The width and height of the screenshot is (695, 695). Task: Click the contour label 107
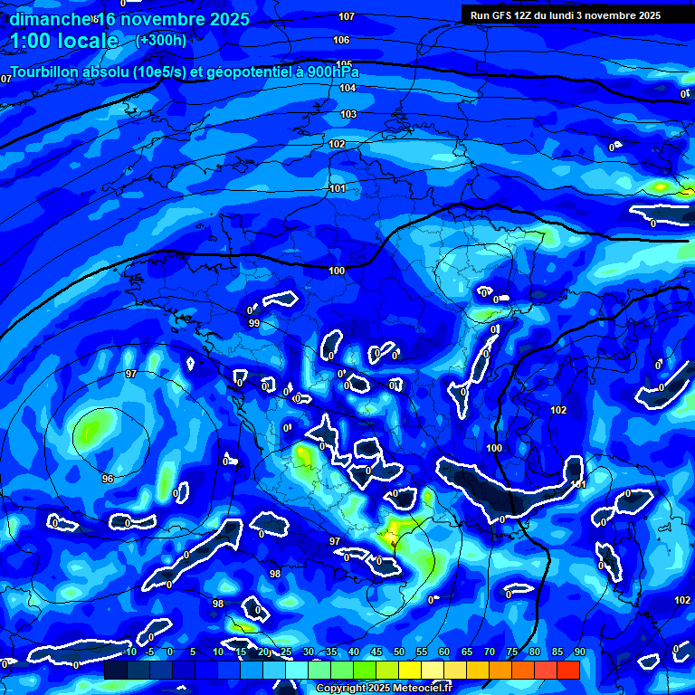tap(347, 17)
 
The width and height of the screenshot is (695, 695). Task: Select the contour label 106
tap(341, 41)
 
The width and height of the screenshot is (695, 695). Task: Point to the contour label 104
tap(347, 89)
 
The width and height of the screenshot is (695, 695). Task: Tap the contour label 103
tap(348, 115)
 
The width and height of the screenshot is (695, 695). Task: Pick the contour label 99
tap(254, 323)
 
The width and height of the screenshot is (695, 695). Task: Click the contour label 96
tap(107, 479)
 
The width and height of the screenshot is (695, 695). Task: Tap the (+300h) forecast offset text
tap(161, 40)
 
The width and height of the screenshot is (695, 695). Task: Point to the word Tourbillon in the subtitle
tap(54, 72)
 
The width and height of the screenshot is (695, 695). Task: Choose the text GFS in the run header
tap(507, 15)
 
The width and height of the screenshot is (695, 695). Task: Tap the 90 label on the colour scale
tap(579, 652)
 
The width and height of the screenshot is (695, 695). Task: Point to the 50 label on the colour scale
tap(399, 652)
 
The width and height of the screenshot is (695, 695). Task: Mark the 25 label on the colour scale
tap(286, 652)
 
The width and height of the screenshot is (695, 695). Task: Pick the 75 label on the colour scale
tap(512, 652)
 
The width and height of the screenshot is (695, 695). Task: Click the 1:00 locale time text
tap(63, 41)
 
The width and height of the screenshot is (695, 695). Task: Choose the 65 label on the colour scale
tap(467, 652)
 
